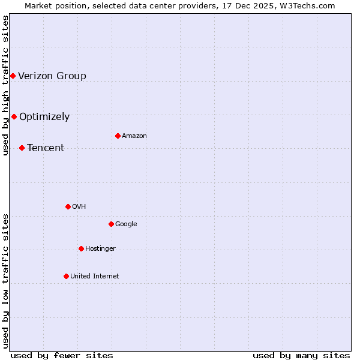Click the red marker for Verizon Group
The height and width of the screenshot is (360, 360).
coord(13,76)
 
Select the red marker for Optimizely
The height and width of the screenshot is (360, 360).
coord(14,116)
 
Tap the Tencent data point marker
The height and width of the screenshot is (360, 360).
coord(22,148)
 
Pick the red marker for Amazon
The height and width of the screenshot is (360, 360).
coord(118,136)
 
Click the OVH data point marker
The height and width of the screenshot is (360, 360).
coord(68,206)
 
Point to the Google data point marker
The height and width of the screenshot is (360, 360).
coord(111,224)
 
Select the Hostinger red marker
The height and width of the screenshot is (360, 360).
coord(81,248)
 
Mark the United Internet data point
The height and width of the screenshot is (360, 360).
coord(66,276)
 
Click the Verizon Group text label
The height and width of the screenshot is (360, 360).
coord(52,76)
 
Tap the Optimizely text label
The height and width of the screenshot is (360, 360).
coord(44,116)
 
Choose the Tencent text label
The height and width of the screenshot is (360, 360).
coord(46,148)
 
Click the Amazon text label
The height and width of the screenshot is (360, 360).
coord(134,136)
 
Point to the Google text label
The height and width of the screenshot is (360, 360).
coord(126,224)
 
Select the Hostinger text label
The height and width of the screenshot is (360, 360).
coord(100,248)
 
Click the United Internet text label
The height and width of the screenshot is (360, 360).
coord(94,276)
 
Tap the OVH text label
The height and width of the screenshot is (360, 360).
coord(79,206)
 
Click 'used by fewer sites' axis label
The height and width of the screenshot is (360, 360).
coord(62,355)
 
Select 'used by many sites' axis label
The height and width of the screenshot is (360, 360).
coord(301,355)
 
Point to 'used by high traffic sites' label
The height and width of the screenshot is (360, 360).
coord(6,85)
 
